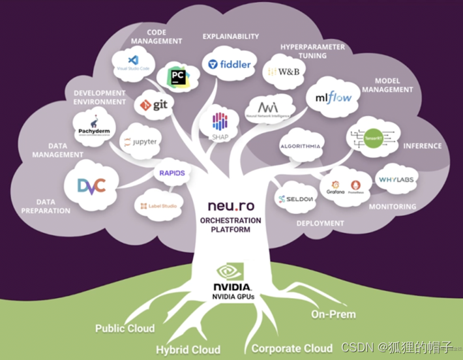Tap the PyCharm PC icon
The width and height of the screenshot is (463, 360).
click(x=177, y=76)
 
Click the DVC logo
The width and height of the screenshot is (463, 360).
click(x=91, y=186)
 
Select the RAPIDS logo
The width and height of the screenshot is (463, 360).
click(x=172, y=173)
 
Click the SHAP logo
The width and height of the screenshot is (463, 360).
click(x=218, y=122)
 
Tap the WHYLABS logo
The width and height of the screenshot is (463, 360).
click(x=396, y=179)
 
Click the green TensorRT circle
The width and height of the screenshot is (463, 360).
click(x=372, y=138)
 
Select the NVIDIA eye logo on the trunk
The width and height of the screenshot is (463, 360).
click(x=231, y=272)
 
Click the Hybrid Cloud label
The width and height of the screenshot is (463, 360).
click(x=188, y=349)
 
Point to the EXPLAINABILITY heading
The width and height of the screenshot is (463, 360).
click(x=230, y=37)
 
